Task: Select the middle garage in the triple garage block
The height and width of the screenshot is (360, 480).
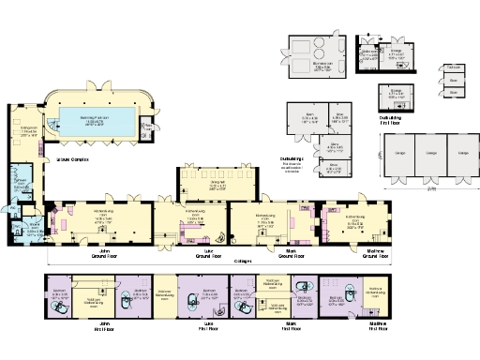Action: click(432, 156)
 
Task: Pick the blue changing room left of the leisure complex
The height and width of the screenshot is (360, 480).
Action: click(23, 180)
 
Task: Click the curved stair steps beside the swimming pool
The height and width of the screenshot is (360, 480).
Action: click(51, 127)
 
